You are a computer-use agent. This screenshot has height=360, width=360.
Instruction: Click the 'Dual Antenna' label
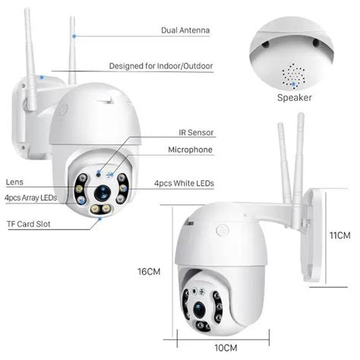coord(185,30)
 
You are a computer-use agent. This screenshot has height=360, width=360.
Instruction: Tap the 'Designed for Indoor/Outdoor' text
coord(161,66)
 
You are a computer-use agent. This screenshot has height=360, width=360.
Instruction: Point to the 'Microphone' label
coord(190,150)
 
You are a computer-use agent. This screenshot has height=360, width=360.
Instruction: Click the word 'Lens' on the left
coord(14,182)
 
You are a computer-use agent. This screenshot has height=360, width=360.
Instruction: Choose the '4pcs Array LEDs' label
coord(31,197)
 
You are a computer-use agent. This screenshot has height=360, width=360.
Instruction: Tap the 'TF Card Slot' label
coord(29,224)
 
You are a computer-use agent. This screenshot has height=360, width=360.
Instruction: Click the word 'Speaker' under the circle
coord(295,97)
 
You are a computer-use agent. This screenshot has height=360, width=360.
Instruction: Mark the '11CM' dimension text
coord(339,236)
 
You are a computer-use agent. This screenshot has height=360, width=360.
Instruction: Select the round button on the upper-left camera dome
coord(63,109)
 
